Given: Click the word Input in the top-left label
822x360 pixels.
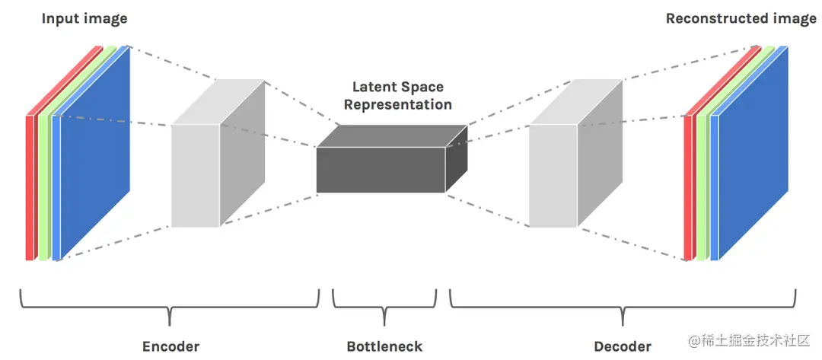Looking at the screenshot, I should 60,18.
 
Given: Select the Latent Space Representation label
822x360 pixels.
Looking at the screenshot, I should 397,97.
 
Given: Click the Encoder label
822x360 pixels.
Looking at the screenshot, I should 170,346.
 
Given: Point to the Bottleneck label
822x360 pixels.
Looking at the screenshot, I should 384,346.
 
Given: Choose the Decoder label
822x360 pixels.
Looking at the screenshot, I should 623,346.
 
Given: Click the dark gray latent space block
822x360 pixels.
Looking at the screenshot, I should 381,170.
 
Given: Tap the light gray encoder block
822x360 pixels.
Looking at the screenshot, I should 196,175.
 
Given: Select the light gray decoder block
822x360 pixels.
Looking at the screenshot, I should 553,175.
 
